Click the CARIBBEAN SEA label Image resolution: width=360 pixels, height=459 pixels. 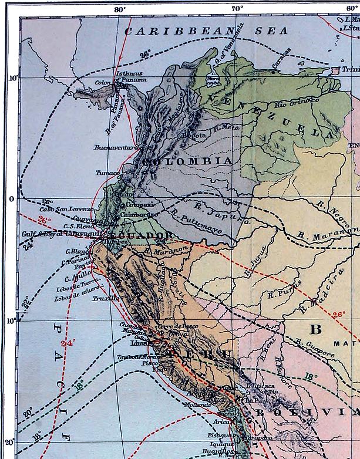pyautogui.click(x=209, y=31)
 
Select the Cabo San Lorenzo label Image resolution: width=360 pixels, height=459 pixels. pyautogui.click(x=66, y=209)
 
